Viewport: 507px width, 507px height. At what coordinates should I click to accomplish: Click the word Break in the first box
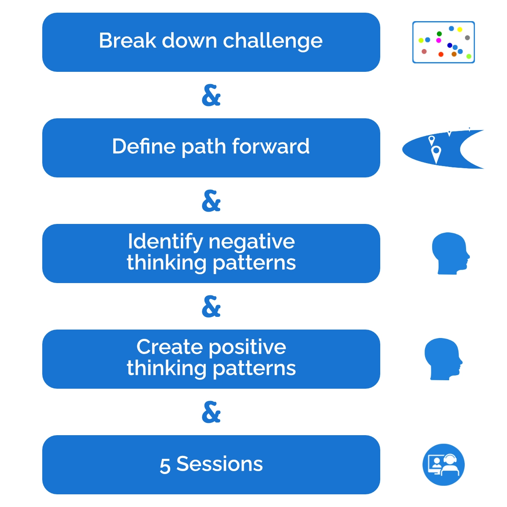click(x=127, y=41)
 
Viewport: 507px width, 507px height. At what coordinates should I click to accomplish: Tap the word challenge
click(x=273, y=42)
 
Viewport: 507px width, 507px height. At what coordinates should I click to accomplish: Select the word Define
click(x=144, y=146)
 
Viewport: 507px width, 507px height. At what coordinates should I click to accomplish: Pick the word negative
click(x=252, y=243)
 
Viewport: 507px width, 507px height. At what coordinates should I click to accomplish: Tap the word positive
click(x=248, y=348)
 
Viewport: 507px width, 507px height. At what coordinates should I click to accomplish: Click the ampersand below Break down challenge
click(x=211, y=95)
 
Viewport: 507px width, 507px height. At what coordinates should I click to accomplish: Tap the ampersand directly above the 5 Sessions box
click(x=211, y=412)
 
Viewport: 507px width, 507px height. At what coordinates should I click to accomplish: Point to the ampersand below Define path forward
click(x=211, y=201)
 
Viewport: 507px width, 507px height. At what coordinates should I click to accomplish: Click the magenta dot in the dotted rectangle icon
click(x=439, y=40)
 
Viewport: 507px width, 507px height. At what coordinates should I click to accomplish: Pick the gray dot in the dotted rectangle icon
click(x=467, y=38)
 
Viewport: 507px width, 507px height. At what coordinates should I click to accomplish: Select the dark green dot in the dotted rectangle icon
click(x=439, y=34)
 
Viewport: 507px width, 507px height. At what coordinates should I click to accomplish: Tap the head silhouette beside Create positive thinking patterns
click(x=443, y=359)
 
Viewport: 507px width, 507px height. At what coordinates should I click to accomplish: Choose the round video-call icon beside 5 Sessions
click(x=444, y=465)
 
